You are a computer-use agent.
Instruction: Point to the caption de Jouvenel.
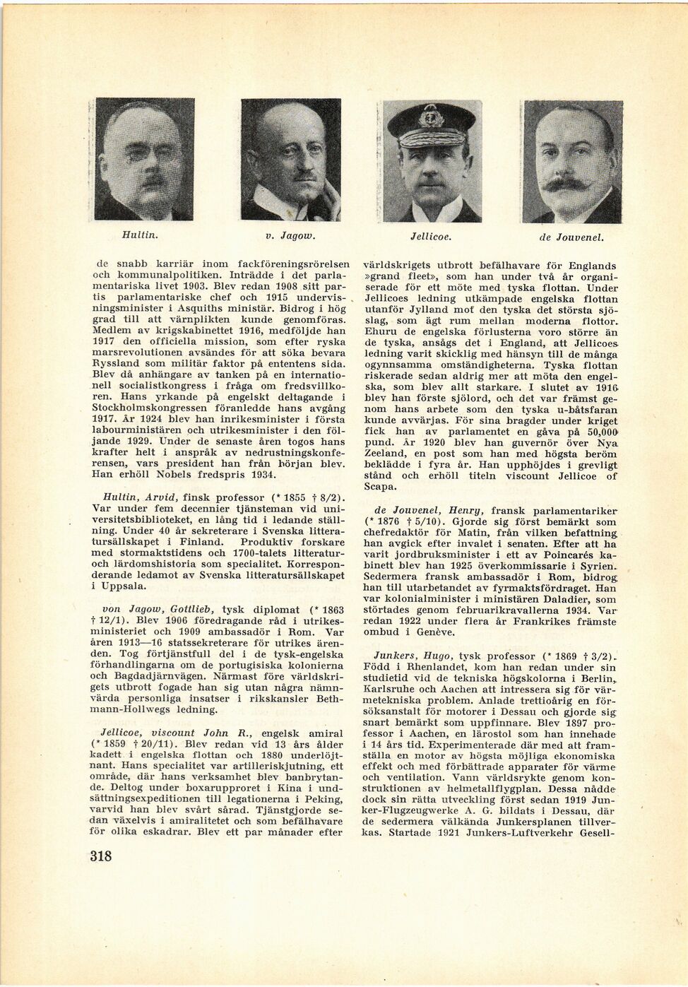(x=572, y=238)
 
